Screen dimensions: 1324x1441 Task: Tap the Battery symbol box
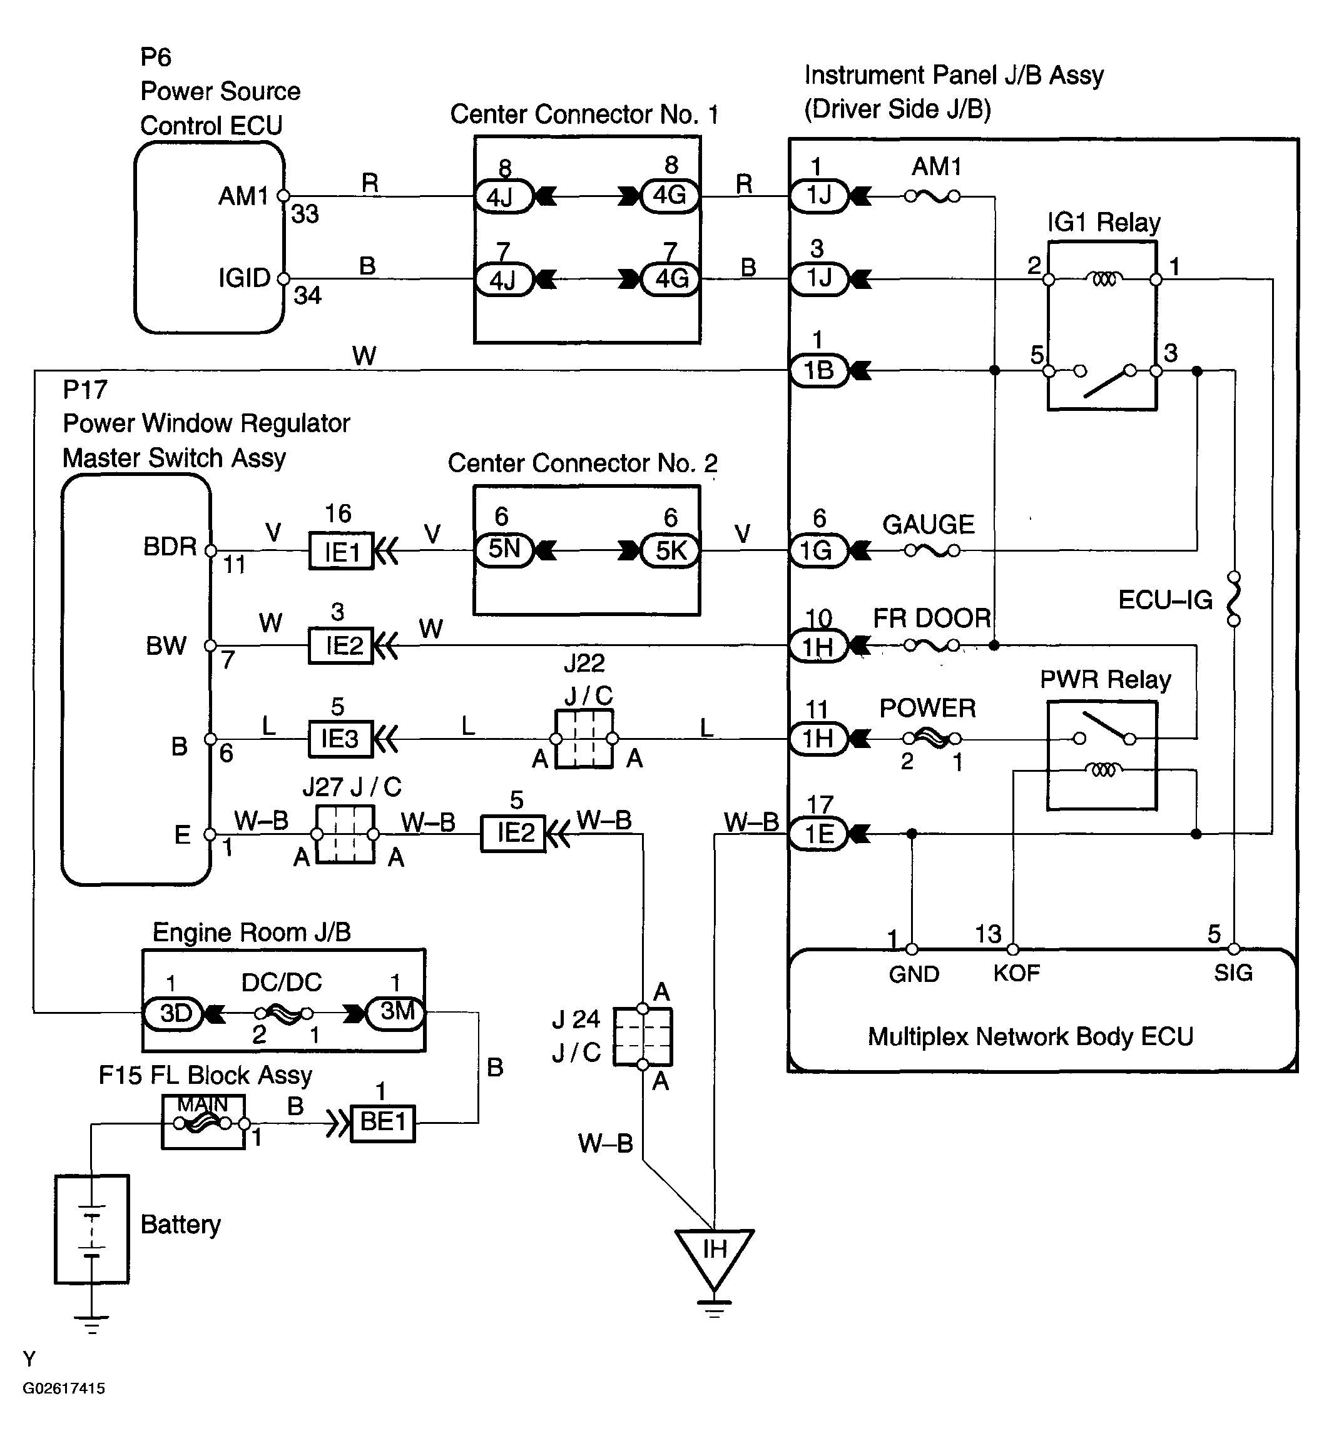click(x=92, y=1229)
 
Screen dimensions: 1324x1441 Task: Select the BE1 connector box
click(x=382, y=1122)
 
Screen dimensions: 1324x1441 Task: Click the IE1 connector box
click(x=341, y=551)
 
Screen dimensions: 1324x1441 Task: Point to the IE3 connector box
click(x=341, y=739)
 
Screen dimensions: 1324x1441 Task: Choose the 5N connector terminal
click(x=504, y=550)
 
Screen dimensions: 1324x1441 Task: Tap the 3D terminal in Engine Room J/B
click(x=174, y=1013)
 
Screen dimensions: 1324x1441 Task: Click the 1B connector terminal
click(x=819, y=370)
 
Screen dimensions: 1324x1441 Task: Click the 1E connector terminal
click(x=819, y=834)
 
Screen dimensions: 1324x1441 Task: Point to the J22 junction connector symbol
click(x=584, y=739)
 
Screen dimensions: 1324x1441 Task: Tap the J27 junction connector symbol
click(x=345, y=834)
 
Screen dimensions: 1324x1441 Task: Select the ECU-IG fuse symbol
click(x=1234, y=598)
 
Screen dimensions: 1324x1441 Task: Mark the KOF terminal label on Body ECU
click(x=1016, y=973)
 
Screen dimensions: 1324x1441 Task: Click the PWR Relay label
click(x=1106, y=679)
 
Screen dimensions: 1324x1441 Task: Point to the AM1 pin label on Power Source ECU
click(x=243, y=196)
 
